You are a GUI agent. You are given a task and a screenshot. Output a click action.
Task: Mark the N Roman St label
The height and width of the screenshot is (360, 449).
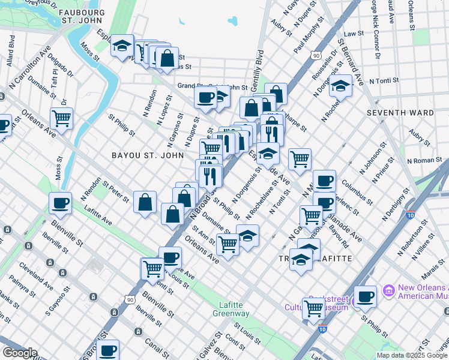(424, 161)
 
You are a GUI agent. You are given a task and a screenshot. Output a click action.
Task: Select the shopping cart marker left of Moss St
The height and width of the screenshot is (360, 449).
(61, 118)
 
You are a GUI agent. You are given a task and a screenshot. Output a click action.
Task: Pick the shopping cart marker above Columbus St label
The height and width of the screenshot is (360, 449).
(300, 159)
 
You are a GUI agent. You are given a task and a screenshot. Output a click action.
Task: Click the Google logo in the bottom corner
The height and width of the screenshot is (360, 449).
(20, 353)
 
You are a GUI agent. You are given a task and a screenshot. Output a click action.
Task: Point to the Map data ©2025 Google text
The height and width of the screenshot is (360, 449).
(411, 355)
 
